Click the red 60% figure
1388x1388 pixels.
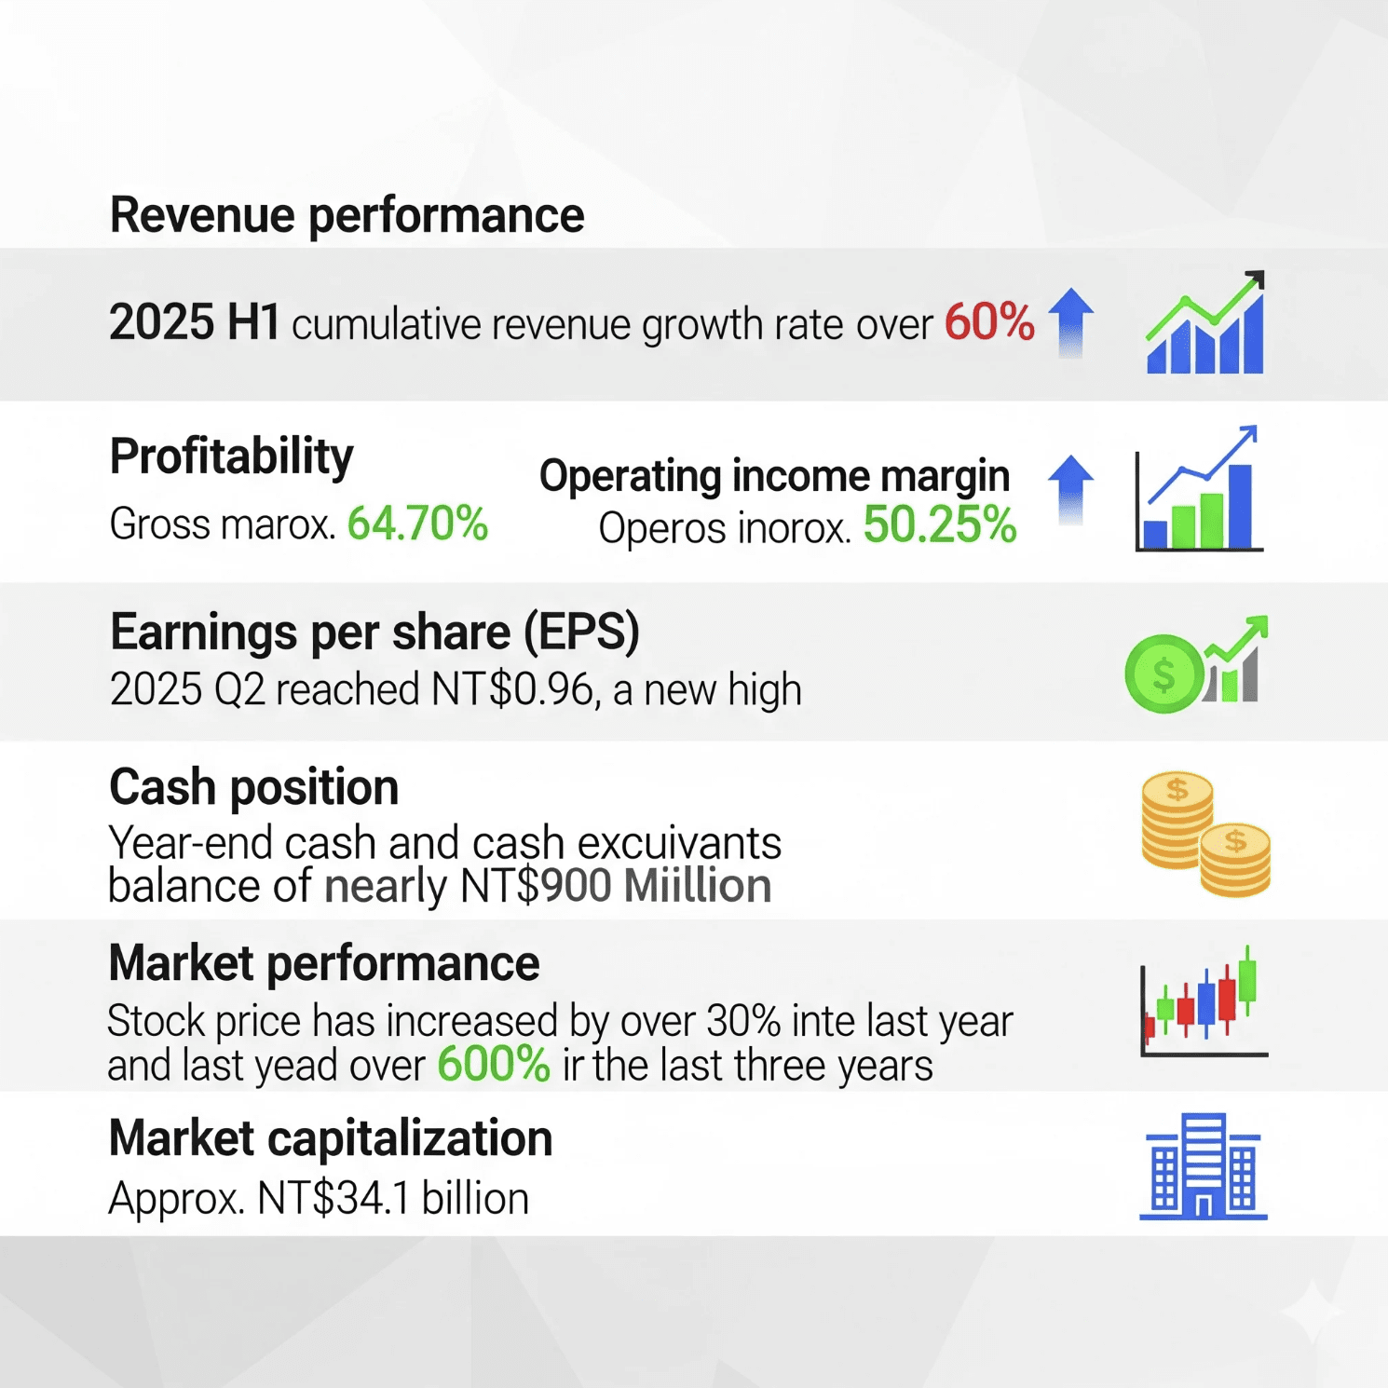[x=989, y=322]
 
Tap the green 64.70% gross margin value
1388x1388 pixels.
[x=417, y=524]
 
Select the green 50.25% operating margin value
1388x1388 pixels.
[x=940, y=524]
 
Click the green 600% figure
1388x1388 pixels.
[x=494, y=1064]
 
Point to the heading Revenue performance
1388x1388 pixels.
[x=347, y=216]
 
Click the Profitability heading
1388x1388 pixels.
[x=232, y=457]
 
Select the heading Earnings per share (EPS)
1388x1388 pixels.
[x=374, y=633]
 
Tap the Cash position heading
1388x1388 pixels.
[x=254, y=787]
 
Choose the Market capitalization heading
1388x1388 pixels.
[x=331, y=1138]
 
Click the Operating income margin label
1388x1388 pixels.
[x=775, y=476]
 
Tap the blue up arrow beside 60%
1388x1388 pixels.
[x=1071, y=321]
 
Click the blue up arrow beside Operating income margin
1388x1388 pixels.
[x=1071, y=490]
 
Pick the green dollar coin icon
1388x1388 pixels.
[x=1163, y=674]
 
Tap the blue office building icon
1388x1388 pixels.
[x=1204, y=1166]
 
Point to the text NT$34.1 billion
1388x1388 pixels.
[x=393, y=1199]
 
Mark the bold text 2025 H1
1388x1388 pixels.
[x=195, y=322]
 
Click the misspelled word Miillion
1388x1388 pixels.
[x=698, y=886]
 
